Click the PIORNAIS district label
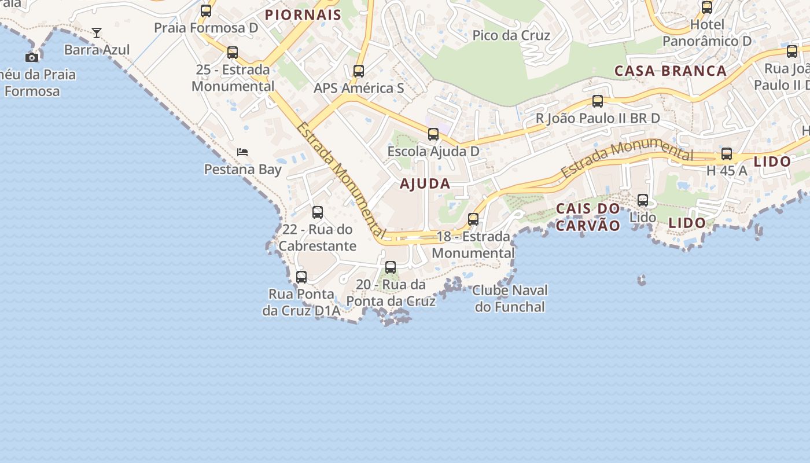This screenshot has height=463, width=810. tap(303, 15)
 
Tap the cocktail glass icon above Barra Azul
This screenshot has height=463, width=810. tap(97, 33)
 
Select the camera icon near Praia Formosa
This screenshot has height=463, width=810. tap(32, 57)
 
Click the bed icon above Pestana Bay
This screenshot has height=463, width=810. tap(242, 152)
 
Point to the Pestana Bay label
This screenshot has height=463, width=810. tap(242, 170)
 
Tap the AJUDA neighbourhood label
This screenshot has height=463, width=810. tap(425, 184)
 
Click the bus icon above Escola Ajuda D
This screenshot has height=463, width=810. tap(433, 134)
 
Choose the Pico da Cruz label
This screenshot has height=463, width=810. tap(511, 35)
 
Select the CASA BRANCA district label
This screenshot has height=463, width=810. tap(670, 71)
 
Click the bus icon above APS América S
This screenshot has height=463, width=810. tap(359, 71)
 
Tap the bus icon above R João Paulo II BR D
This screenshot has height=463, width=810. tap(598, 101)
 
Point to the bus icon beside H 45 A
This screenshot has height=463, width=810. tap(727, 154)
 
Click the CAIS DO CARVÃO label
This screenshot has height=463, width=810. tap(588, 216)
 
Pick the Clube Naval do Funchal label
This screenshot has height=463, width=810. tap(510, 298)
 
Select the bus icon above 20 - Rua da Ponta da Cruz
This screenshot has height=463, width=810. tap(391, 267)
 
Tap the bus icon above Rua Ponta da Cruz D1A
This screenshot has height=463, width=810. tap(301, 277)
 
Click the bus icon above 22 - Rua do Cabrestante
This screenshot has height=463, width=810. tap(318, 212)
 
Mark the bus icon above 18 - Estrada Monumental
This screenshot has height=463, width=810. tap(473, 219)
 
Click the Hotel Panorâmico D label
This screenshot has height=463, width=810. tap(707, 33)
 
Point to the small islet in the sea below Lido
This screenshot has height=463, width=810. tap(641, 281)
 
